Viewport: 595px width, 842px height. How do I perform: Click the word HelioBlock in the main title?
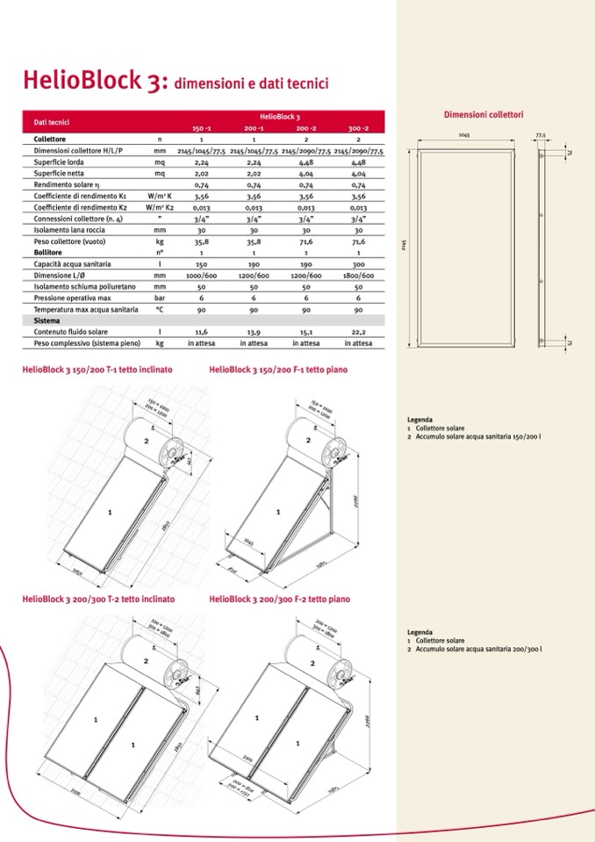(x=79, y=82)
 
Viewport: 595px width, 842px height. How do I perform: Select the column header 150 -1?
(x=201, y=128)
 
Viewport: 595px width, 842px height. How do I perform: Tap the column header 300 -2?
(x=358, y=128)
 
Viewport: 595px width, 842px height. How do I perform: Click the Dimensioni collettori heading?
(x=484, y=115)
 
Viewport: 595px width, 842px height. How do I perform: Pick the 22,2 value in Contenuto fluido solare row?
(x=358, y=333)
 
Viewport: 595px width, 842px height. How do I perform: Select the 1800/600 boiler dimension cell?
(x=358, y=276)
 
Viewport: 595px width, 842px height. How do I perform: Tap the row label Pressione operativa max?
(x=72, y=299)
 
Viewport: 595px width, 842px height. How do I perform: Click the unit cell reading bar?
(x=159, y=299)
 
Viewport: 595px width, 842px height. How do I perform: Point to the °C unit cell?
(x=159, y=310)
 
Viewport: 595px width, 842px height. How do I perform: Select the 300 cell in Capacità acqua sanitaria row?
(x=358, y=264)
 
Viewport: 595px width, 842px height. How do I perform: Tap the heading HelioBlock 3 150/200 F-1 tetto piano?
(x=278, y=370)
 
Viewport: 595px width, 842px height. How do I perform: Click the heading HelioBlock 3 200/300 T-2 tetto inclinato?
(x=98, y=599)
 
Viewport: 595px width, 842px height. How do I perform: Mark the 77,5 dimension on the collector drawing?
(x=541, y=135)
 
